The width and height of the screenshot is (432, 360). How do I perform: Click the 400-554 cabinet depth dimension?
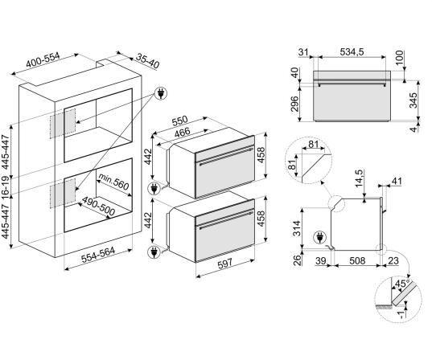coord(43,60)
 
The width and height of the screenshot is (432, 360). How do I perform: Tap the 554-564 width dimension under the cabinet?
coord(98,255)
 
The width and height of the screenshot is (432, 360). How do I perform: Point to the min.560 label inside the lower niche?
coord(113,182)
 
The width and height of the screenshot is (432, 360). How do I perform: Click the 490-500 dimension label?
coord(98,207)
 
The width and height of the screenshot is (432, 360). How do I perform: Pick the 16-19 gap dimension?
coord(6,186)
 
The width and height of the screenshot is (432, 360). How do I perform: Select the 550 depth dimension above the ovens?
coord(179,121)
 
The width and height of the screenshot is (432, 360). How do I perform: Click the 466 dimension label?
coord(182,132)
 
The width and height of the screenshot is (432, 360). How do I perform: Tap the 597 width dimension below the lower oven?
coord(225,264)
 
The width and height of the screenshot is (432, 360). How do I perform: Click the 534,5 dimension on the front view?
coord(352,51)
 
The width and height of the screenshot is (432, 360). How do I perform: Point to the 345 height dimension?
coord(413,100)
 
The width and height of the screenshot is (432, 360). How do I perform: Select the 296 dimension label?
coord(294,104)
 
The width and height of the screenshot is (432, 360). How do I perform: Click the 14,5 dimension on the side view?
coord(360,178)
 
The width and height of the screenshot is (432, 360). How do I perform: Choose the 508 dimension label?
coord(357,260)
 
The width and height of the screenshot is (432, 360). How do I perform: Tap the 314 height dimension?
coord(297,228)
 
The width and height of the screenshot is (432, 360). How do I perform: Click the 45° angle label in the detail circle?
coord(402,284)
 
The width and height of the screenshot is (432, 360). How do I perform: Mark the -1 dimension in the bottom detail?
coord(402,314)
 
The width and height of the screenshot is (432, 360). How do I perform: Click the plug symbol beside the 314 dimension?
coord(319,237)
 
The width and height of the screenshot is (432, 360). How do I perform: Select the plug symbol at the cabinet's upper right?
coord(161,93)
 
